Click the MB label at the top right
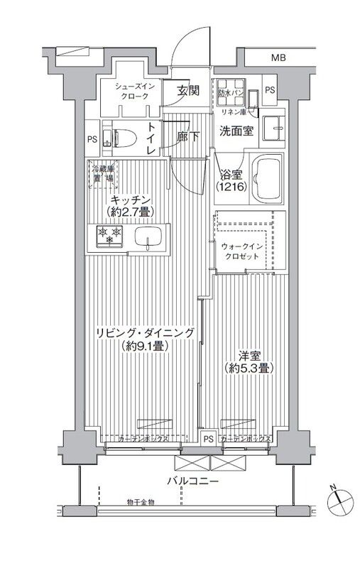(278, 58)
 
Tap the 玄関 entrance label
(188, 90)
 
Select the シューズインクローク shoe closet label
(132, 91)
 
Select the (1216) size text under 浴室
(229, 187)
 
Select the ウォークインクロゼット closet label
(243, 251)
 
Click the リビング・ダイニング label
(141, 331)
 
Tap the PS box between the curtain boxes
(208, 439)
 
